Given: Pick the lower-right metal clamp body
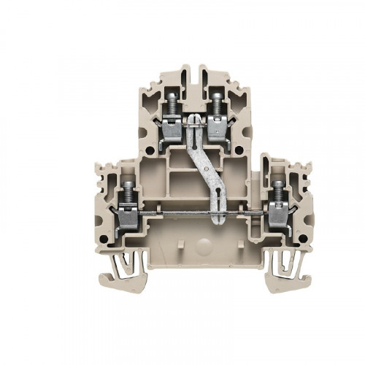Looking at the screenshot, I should click(x=278, y=215).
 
